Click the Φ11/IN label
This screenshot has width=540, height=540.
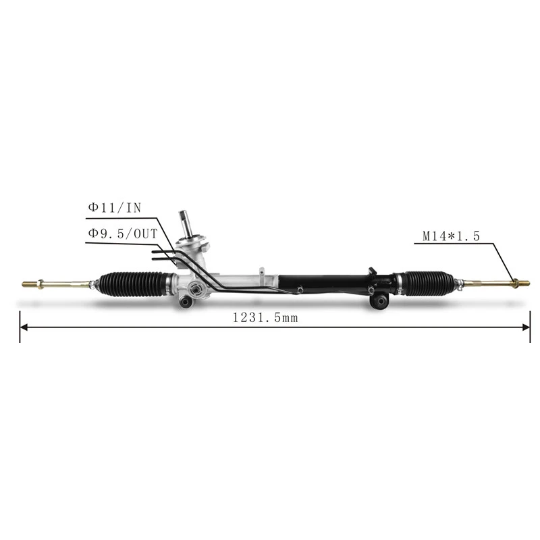[x=114, y=208]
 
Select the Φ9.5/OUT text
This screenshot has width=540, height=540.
[x=122, y=233]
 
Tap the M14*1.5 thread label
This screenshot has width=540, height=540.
[x=451, y=236]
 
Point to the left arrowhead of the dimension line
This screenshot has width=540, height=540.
[x=25, y=327]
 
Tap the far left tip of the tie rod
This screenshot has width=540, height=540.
[x=24, y=283]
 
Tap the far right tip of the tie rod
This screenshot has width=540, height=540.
[x=528, y=283]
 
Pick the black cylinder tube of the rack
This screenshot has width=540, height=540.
[x=324, y=282]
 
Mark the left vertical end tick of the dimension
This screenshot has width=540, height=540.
[x=20, y=327]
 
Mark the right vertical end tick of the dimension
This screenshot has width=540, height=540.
[x=530, y=327]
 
